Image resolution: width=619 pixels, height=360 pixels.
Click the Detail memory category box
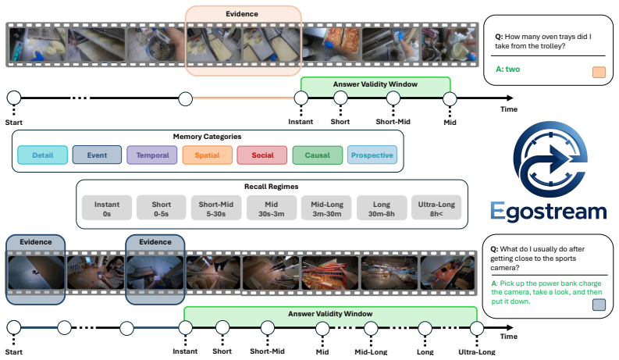coord(43,155)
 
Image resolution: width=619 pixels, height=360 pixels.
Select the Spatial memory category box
coord(208,155)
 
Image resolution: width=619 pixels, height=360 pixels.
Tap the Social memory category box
coord(262,155)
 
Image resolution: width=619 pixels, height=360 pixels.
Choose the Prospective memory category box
coord(372,155)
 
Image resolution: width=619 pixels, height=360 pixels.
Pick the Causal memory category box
coord(318,155)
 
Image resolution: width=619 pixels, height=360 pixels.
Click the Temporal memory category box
coord(152,155)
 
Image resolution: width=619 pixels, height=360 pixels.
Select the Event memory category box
coord(97,155)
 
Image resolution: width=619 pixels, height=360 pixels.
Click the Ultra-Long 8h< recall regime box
coord(436,208)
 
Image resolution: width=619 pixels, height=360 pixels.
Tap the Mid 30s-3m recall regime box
coord(271,208)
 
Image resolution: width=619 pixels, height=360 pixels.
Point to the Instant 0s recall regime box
coord(107,208)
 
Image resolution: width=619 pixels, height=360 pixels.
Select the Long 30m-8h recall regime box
coord(382,208)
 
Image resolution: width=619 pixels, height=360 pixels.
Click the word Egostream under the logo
coord(548,212)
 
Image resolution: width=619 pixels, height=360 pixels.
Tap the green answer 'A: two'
coord(507,69)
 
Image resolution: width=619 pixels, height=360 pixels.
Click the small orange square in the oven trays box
coord(599,72)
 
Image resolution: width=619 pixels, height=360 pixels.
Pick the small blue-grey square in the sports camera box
coord(599,305)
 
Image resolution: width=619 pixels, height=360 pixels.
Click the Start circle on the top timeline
coord(14,98)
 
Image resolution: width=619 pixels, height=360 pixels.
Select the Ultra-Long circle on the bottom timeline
coord(477,328)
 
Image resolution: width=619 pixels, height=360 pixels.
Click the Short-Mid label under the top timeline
coord(393,122)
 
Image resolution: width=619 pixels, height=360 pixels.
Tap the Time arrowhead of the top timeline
coord(510,98)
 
